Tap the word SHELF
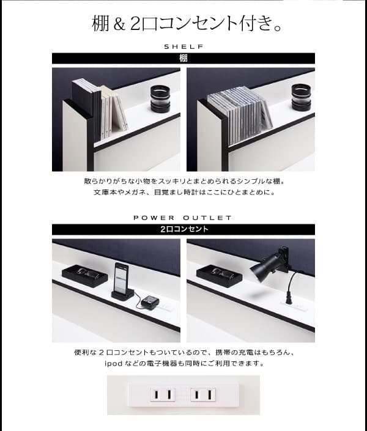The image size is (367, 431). pos(183,46)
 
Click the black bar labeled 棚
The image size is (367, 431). pos(183,59)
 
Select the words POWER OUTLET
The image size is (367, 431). pos(183,218)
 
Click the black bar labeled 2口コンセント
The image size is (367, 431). pos(183,230)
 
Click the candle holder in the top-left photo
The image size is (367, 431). pos(161,99)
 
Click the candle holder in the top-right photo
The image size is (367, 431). pos(301,98)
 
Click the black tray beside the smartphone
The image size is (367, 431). pos(85,275)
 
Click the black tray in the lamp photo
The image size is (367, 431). pos(219,274)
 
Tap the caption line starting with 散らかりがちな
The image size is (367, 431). pos(183,182)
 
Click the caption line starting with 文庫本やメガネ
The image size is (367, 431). pos(183,193)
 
